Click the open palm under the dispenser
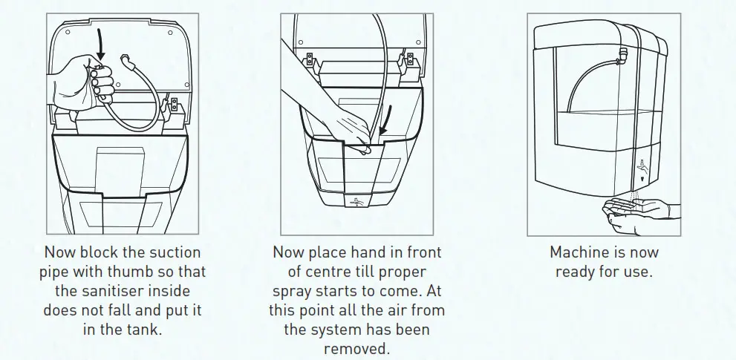(635, 209)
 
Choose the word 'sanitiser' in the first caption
(122, 291)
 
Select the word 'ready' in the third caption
(577, 272)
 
